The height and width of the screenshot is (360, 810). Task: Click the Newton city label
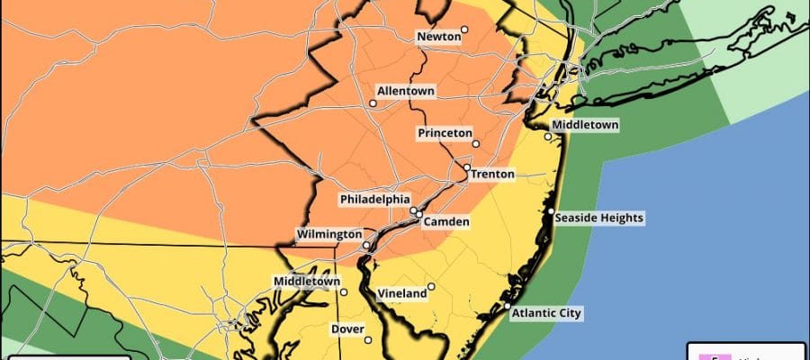coord(437,37)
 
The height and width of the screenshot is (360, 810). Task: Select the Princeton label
coord(445,133)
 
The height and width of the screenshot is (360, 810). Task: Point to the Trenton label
coord(493,174)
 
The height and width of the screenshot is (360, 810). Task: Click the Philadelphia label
coord(374,199)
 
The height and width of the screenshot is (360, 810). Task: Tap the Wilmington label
coord(329,235)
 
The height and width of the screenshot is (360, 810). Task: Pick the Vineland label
coord(402,294)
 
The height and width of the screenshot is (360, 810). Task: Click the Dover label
coord(347,329)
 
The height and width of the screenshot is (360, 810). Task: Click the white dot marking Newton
coord(465,30)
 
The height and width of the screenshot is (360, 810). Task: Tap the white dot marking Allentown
coord(372,103)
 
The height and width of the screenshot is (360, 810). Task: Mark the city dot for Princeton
coord(477,143)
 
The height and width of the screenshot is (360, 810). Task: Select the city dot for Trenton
coord(467,167)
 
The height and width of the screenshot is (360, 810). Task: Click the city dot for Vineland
coord(431,287)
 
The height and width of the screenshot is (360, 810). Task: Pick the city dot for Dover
coord(368,339)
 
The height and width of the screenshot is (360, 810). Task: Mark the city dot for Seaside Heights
coord(550,211)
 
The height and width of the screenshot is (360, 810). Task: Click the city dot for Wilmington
coord(366,245)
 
